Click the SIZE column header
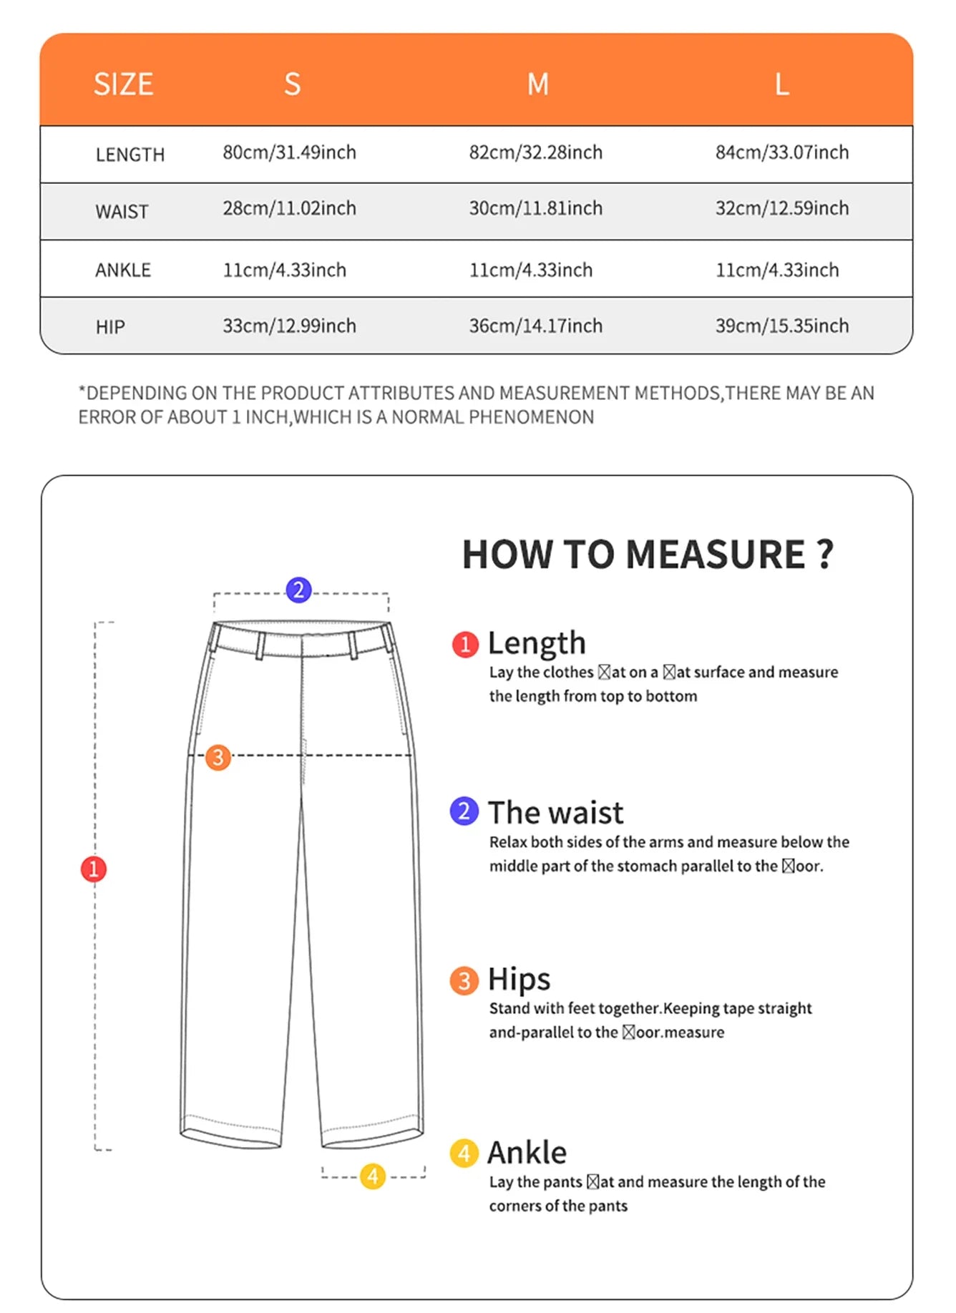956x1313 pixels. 123,84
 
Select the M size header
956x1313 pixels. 537,84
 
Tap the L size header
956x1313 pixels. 782,84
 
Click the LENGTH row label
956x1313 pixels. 130,155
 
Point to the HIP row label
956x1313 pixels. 110,327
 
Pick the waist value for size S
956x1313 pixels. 289,208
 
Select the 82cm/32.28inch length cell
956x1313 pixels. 535,152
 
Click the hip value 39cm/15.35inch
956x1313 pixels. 781,326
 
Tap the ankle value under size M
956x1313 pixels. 530,270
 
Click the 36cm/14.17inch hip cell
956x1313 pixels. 535,326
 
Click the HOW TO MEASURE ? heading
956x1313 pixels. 648,555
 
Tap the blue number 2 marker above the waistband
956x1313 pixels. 298,590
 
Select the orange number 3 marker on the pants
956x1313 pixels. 218,757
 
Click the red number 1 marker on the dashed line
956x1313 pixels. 94,869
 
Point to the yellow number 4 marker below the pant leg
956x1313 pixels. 373,1176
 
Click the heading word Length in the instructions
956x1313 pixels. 537,643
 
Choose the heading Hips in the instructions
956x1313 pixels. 519,979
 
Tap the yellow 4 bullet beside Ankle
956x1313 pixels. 464,1153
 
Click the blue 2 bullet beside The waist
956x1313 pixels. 464,811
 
